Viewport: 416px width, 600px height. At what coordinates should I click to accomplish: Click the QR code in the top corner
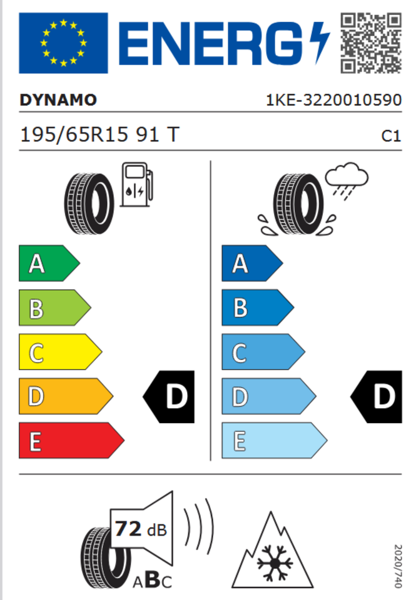click(371, 43)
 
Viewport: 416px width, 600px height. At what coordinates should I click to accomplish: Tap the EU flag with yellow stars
click(63, 43)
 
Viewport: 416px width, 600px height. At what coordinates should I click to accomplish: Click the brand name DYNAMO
click(58, 100)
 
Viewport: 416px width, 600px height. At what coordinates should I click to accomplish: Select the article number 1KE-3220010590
click(333, 100)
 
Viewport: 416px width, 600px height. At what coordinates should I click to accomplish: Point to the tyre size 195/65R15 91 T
click(99, 135)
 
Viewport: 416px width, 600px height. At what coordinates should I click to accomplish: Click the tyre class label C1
click(391, 136)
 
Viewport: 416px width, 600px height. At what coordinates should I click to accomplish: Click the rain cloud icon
click(347, 180)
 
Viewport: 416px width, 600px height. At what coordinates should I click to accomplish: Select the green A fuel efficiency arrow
click(49, 263)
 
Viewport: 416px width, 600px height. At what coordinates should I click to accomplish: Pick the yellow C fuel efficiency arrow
click(60, 352)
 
